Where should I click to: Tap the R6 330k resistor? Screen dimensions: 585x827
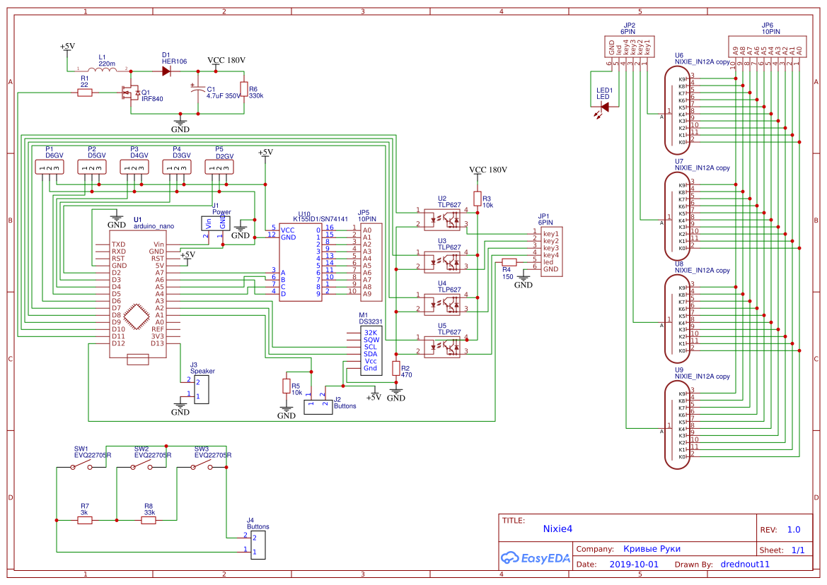pos(243,90)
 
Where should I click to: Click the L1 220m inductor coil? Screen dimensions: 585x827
pos(102,69)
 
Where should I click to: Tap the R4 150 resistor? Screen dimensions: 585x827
pos(509,261)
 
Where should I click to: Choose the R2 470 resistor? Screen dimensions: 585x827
pos(396,368)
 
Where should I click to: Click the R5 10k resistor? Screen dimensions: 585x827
pos(287,386)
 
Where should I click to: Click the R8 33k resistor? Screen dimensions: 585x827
pos(149,520)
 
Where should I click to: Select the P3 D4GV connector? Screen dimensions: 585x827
pos(134,167)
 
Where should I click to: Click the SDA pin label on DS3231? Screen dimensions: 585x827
pos(371,353)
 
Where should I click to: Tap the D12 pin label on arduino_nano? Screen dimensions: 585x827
pos(118,343)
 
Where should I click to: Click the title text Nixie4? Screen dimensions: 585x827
pos(557,528)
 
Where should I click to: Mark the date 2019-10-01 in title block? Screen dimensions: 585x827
pos(633,565)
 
